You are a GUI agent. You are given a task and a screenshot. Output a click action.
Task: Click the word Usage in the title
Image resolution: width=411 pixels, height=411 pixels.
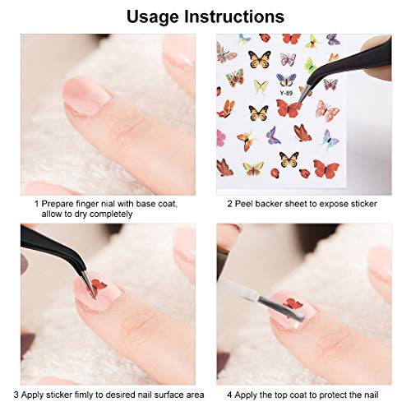click(159, 16)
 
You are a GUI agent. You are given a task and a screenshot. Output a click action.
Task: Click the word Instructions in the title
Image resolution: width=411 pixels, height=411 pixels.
click(238, 16)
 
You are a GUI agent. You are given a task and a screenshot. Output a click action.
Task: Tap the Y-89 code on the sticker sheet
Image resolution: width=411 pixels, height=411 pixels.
click(284, 91)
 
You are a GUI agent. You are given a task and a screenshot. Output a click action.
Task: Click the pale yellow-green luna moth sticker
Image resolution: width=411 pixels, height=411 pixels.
click(261, 86)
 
